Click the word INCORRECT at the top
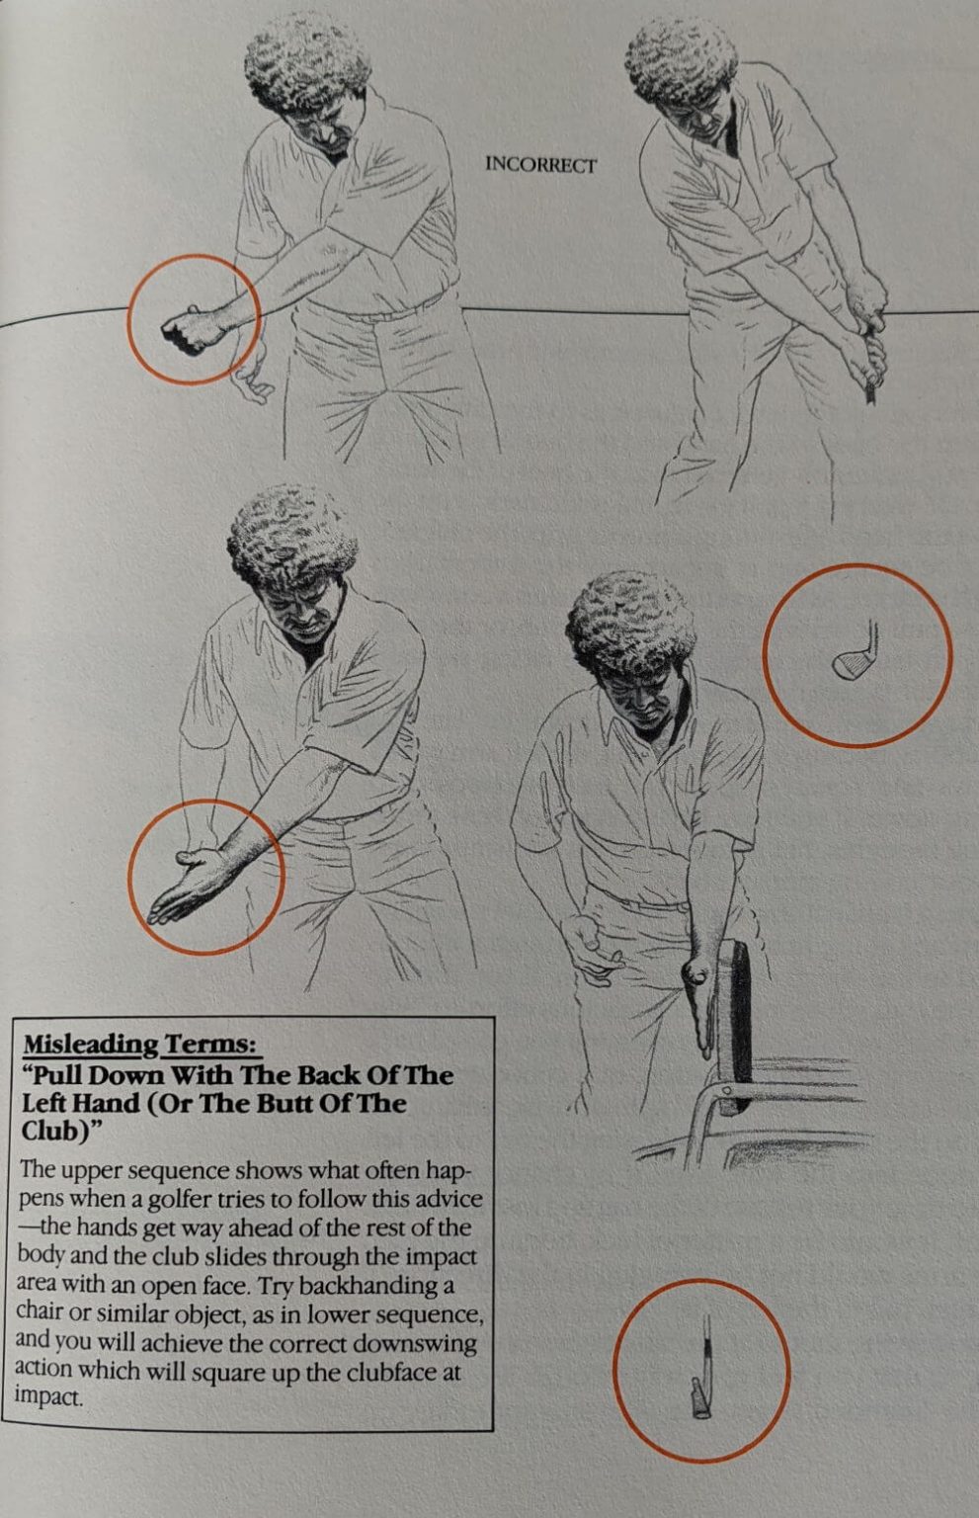click(x=540, y=166)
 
